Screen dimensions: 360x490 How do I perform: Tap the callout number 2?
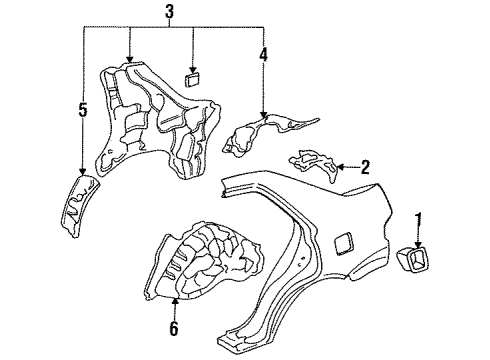tap(365, 166)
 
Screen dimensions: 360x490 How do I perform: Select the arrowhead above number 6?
tap(176, 299)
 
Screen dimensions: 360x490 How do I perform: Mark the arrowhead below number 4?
tap(264, 118)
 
